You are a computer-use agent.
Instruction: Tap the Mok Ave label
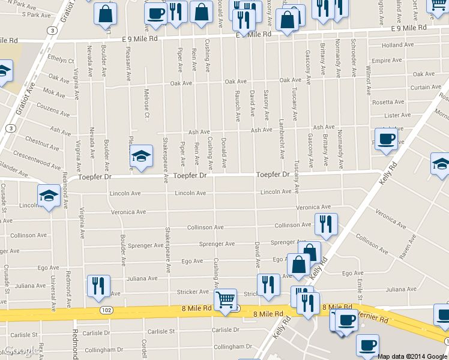pyautogui.click(x=53, y=94)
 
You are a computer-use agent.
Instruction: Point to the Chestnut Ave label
pyautogui.click(x=41, y=142)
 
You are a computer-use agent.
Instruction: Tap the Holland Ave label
pyautogui.click(x=397, y=45)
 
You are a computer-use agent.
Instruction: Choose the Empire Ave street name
pyautogui.click(x=387, y=61)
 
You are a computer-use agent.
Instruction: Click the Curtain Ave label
pyautogui.click(x=426, y=87)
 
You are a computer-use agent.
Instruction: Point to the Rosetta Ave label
pyautogui.click(x=388, y=102)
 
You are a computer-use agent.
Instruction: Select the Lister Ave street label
pyautogui.click(x=397, y=115)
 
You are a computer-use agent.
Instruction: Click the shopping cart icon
pyautogui.click(x=225, y=298)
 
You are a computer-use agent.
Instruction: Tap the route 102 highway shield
pyautogui.click(x=106, y=310)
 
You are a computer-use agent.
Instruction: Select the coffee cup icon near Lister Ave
pyautogui.click(x=386, y=139)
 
